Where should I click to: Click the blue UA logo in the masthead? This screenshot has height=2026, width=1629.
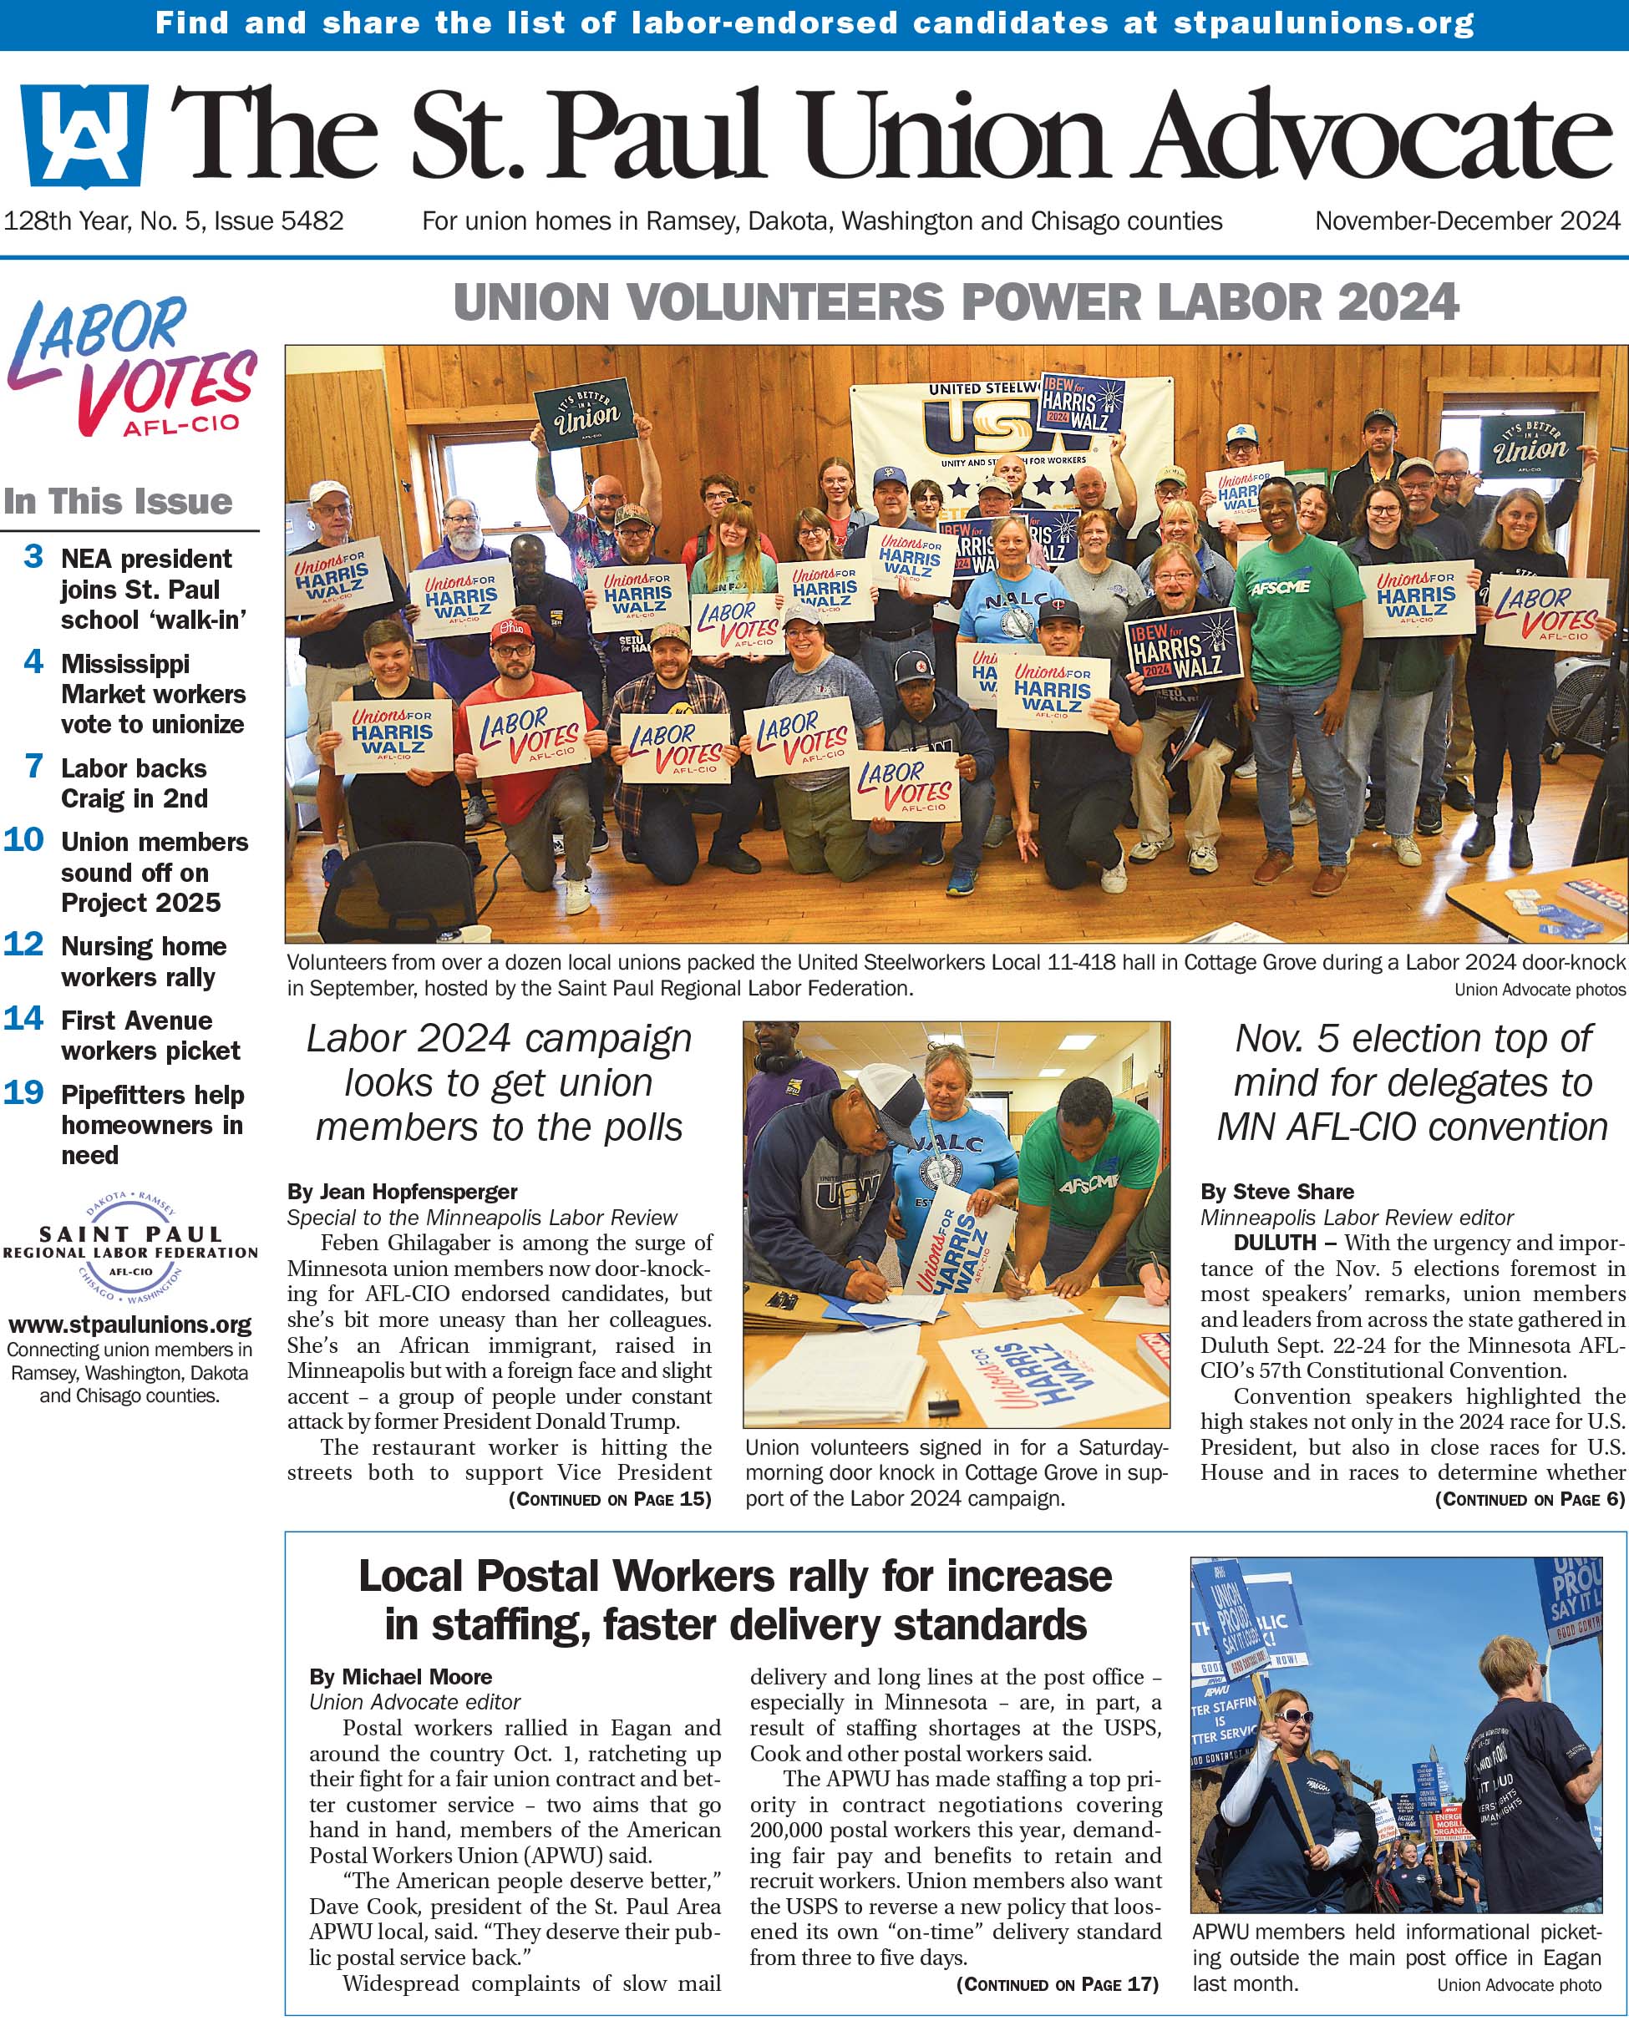pyautogui.click(x=84, y=135)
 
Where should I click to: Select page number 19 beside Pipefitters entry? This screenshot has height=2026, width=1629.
pyautogui.click(x=23, y=1092)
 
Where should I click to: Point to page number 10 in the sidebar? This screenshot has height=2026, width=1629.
pyautogui.click(x=23, y=838)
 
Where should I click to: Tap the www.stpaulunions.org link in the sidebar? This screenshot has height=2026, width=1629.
pyautogui.click(x=130, y=1325)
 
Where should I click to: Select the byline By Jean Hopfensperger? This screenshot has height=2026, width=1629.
pyautogui.click(x=403, y=1192)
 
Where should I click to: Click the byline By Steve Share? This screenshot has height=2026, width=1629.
pyautogui.click(x=1276, y=1192)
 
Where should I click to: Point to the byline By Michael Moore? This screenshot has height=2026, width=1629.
pyautogui.click(x=400, y=1676)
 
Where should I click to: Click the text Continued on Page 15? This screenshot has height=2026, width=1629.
pyautogui.click(x=609, y=1499)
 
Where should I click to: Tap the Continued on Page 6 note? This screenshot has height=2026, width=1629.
pyautogui.click(x=1530, y=1499)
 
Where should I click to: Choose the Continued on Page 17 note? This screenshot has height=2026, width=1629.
pyautogui.click(x=1057, y=1983)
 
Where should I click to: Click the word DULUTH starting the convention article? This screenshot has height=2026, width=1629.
pyautogui.click(x=1275, y=1243)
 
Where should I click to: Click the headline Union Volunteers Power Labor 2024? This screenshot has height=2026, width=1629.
pyautogui.click(x=955, y=302)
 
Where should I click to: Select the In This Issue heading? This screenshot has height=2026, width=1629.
pyautogui.click(x=118, y=501)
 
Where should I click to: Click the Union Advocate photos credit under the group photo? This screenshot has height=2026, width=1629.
pyautogui.click(x=1540, y=990)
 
